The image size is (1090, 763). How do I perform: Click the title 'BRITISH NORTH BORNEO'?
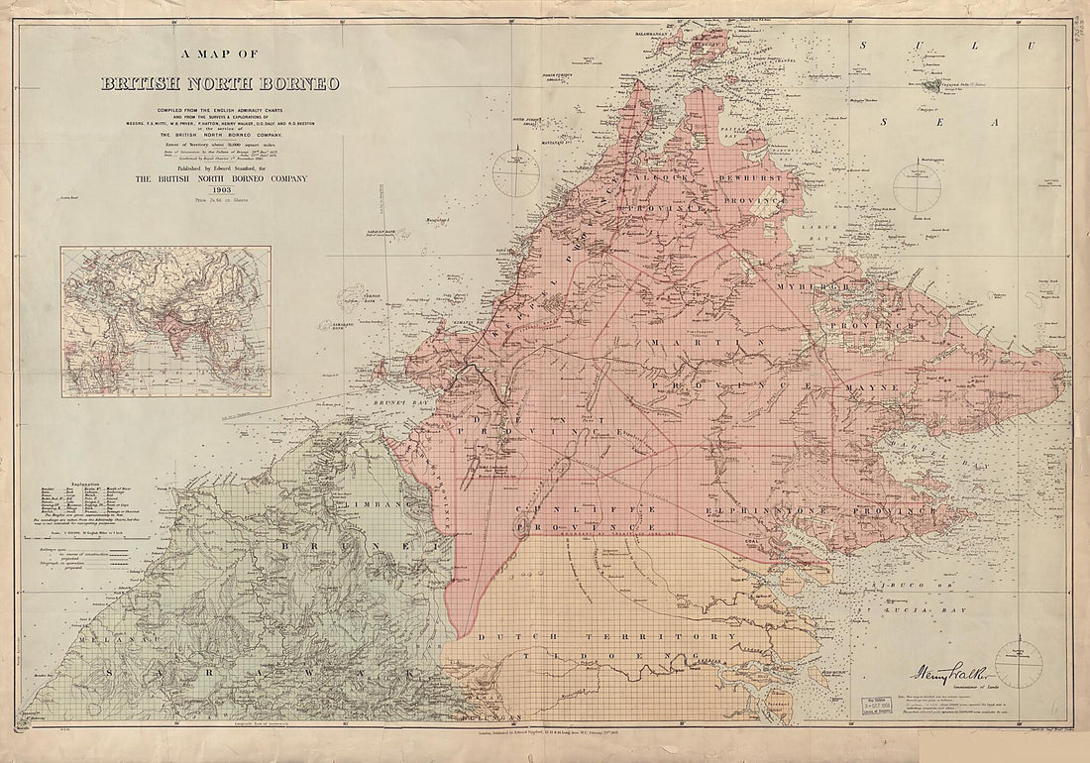[x=220, y=83]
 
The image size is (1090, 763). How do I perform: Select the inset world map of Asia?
[x=165, y=322]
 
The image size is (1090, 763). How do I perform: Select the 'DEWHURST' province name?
[x=753, y=177]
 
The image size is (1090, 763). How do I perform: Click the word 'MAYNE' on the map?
[x=871, y=386]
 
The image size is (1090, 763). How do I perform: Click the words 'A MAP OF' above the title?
[x=220, y=56]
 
